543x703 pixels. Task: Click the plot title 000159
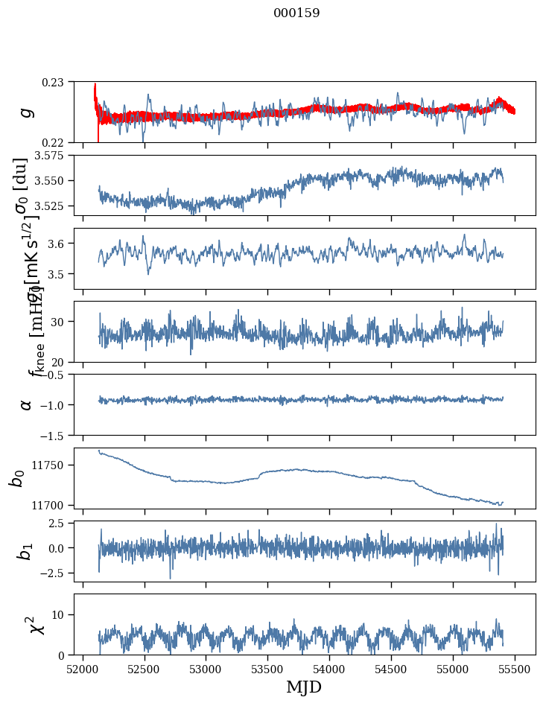(x=296, y=13)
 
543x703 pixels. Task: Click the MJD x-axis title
(x=304, y=687)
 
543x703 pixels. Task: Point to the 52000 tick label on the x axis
(x=83, y=669)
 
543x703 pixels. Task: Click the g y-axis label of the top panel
(x=27, y=112)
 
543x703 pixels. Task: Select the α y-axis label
(x=27, y=404)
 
